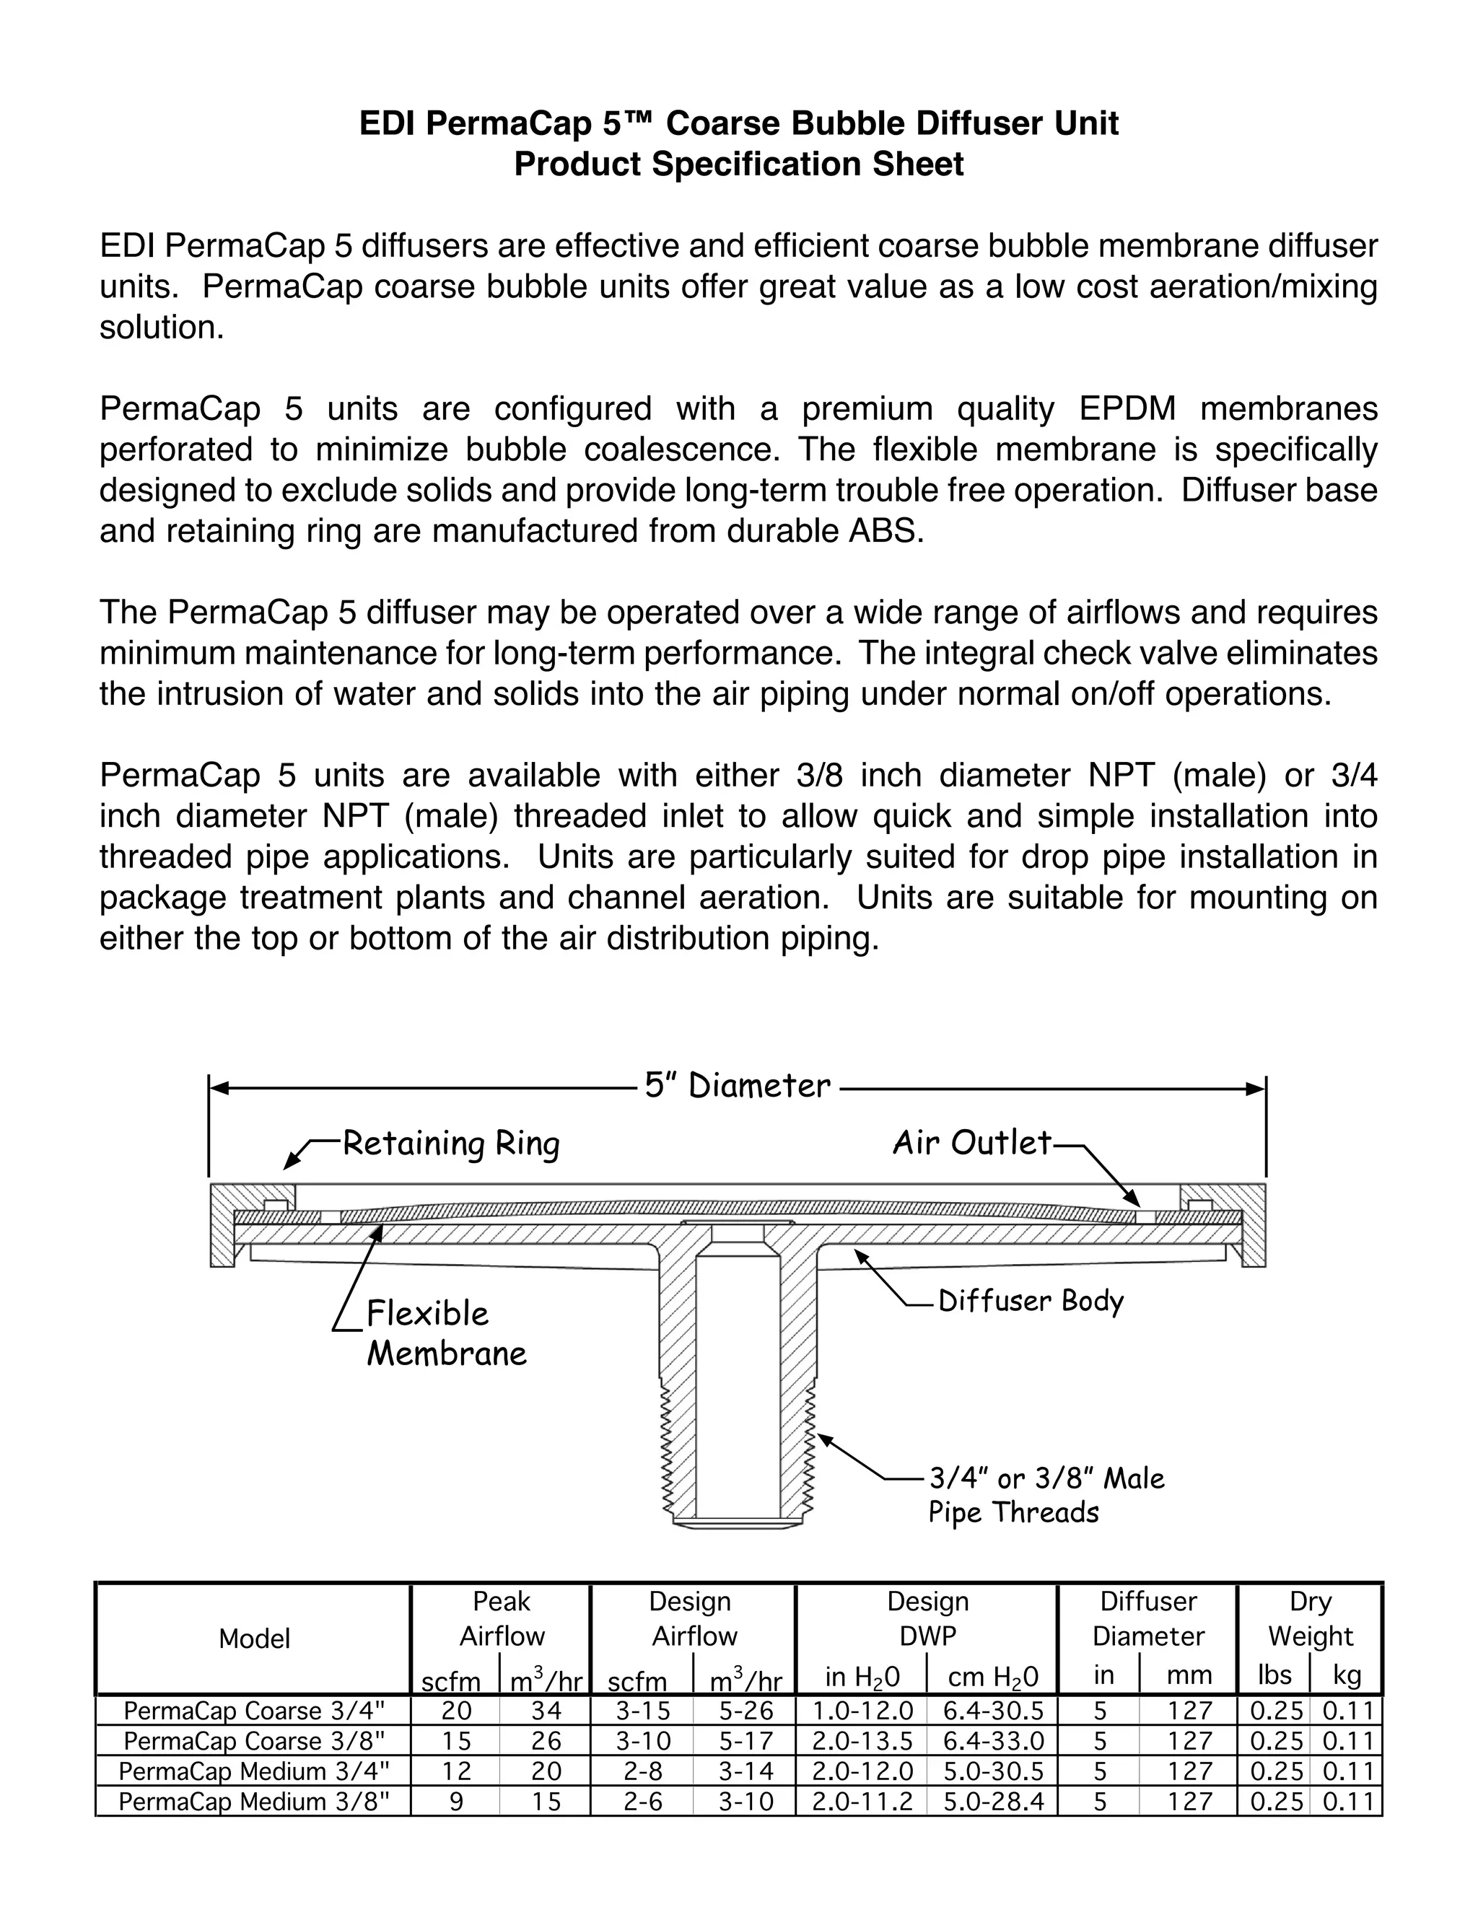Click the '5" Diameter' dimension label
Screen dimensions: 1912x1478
pyautogui.click(x=738, y=1087)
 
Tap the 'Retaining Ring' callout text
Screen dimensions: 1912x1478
pyautogui.click(x=450, y=1144)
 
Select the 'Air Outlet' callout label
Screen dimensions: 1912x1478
pyautogui.click(x=971, y=1142)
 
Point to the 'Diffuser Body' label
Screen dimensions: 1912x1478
pyautogui.click(x=1031, y=1301)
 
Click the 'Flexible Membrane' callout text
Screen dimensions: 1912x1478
pyautogui.click(x=446, y=1333)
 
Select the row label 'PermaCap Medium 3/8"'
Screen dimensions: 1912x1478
pyautogui.click(x=253, y=1801)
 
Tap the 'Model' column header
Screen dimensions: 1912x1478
pyautogui.click(x=254, y=1639)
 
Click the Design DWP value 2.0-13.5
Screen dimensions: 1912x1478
pyautogui.click(x=862, y=1740)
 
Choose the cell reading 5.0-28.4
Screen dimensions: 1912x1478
pyautogui.click(x=993, y=1801)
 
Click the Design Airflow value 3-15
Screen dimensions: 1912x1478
pyautogui.click(x=643, y=1710)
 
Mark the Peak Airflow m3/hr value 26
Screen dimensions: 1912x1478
pyautogui.click(x=546, y=1740)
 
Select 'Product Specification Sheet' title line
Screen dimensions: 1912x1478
pyautogui.click(x=738, y=165)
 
